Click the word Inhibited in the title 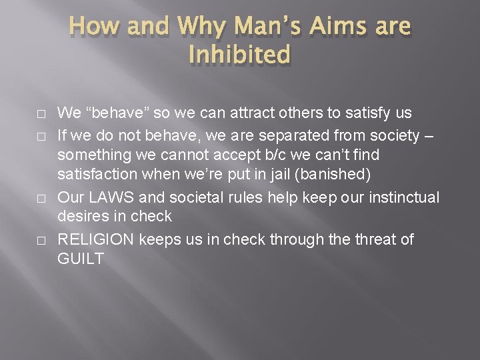[x=239, y=55]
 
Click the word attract [x=240, y=113]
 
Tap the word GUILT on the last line [x=81, y=258]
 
